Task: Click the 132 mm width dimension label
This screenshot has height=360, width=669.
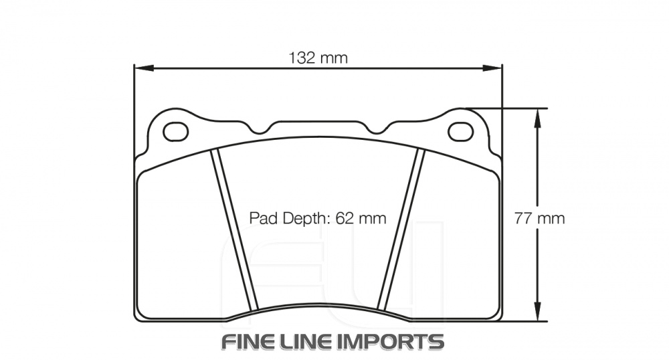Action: click(318, 58)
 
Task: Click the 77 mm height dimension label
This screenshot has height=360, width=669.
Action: click(539, 218)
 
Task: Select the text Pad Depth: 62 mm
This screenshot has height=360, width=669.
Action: click(318, 218)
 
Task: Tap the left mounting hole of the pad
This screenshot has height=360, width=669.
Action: click(175, 132)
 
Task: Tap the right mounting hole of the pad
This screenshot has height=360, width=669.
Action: click(460, 132)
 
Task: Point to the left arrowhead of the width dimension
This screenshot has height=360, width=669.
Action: click(142, 68)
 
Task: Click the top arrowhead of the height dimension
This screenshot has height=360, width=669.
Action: click(537, 115)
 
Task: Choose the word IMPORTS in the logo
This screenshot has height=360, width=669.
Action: click(400, 341)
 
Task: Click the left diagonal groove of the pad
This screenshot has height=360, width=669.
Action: click(234, 231)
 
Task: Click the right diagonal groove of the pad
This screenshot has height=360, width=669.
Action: click(401, 231)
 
